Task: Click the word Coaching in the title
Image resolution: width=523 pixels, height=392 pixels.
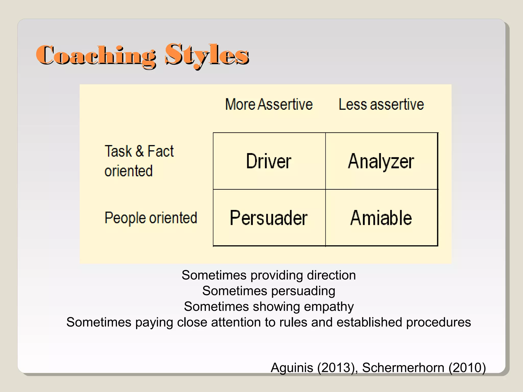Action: coord(96,55)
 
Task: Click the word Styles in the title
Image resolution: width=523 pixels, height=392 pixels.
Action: coord(207,55)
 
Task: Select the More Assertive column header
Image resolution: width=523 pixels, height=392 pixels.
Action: coord(269,104)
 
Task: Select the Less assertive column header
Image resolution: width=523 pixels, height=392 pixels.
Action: coord(381,104)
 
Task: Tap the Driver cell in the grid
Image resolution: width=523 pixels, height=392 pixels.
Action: coord(269,161)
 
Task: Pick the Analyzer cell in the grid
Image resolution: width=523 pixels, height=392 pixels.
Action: coord(381,161)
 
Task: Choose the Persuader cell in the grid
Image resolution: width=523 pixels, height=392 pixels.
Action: coord(269,218)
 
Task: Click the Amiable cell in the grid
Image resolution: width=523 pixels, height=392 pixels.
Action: coord(381,218)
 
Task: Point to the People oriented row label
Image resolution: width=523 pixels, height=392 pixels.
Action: coord(151,218)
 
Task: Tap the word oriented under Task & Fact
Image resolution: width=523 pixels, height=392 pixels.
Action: coord(129,171)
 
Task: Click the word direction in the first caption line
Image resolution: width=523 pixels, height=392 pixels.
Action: coord(331,275)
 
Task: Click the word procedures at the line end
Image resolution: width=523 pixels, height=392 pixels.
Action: coord(438,322)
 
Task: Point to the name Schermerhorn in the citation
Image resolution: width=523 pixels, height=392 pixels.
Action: coord(403,368)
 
